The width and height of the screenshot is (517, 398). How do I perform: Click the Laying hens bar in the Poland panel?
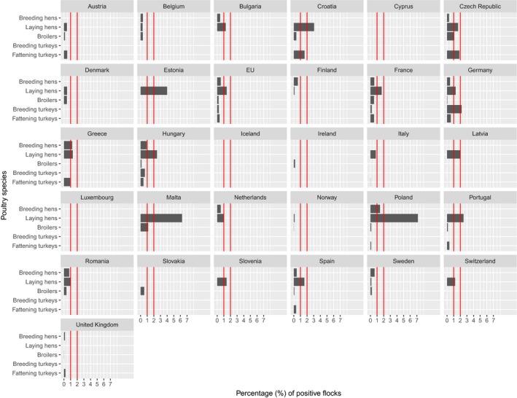point(394,218)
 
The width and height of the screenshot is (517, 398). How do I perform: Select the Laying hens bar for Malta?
point(160,218)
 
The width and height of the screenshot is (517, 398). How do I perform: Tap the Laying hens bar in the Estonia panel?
point(153,90)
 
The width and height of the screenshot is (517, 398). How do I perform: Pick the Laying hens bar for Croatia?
point(303,27)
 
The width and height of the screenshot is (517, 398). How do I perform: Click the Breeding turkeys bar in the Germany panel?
point(454,109)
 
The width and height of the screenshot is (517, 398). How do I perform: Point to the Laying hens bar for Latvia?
point(453,155)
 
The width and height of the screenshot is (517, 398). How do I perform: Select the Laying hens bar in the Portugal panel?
point(454,218)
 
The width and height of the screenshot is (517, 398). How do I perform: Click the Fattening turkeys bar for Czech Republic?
point(452,55)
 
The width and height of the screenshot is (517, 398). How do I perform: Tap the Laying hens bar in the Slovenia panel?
point(222,282)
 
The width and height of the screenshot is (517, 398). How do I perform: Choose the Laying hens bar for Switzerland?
point(451,282)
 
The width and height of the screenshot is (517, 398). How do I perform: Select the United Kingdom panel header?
point(98,325)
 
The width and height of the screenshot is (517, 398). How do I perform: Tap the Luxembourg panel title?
point(98,198)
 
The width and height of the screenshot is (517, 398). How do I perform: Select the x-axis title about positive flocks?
point(288,392)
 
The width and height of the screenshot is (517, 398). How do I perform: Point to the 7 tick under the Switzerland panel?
point(494,320)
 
